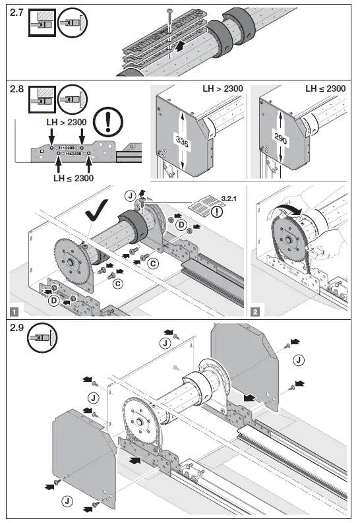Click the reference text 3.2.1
(229, 197)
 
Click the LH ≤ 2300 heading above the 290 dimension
(325, 88)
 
